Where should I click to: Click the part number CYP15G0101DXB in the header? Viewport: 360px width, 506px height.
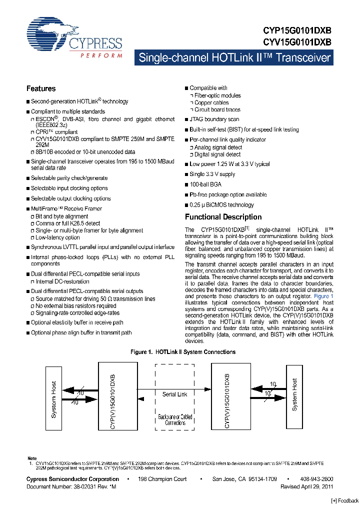click(297, 30)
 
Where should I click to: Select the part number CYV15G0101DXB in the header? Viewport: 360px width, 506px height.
click(297, 42)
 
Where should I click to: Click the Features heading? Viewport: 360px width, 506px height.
click(41, 89)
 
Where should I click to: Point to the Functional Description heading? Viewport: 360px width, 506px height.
click(223, 217)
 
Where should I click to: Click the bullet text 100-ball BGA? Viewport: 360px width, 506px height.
click(205, 184)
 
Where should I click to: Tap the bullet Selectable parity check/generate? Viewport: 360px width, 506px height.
click(69, 178)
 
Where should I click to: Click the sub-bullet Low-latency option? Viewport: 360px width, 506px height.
click(57, 237)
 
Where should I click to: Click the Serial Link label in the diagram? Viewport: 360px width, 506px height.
click(175, 394)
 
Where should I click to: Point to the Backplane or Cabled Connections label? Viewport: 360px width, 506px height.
click(175, 419)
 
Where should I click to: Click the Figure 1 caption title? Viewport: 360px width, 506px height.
click(183, 352)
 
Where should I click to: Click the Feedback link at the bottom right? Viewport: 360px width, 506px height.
click(344, 500)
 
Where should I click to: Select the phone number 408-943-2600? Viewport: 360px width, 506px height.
click(317, 479)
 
